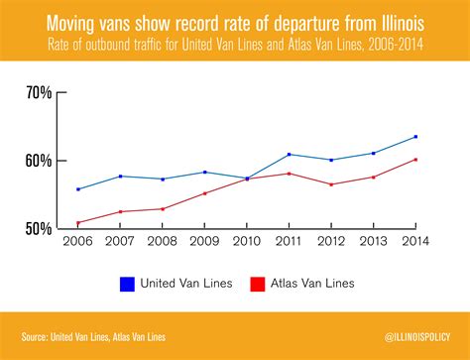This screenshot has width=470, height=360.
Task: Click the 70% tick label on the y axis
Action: [39, 93]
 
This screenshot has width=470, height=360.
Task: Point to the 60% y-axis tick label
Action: [39, 161]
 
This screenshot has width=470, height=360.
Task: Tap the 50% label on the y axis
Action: [39, 229]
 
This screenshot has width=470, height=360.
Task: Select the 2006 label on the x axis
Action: [77, 242]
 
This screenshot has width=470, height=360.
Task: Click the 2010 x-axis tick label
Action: [247, 242]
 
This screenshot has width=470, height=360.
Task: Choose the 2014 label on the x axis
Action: [415, 242]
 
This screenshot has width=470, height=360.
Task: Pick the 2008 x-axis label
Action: [163, 242]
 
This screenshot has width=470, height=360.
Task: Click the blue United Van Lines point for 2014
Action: [415, 137]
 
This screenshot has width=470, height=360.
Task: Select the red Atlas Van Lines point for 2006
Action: [77, 223]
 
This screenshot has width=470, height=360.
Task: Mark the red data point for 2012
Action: [331, 184]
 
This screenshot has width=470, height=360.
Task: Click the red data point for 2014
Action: [415, 160]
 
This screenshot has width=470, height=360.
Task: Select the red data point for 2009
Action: [204, 193]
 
